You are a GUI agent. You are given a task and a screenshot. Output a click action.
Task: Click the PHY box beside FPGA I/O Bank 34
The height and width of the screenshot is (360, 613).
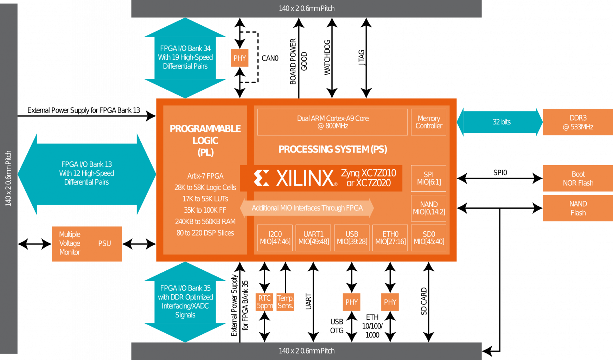[x=240, y=58]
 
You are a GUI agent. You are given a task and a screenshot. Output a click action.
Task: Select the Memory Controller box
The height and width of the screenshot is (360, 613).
[x=428, y=122]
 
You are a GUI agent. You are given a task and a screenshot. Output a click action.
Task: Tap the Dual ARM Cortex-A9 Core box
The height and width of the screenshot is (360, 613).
[x=332, y=122]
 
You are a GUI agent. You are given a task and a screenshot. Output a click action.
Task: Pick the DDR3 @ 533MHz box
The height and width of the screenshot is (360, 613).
[x=577, y=122]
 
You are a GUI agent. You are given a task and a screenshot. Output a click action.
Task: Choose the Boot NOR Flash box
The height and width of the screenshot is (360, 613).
[x=577, y=178]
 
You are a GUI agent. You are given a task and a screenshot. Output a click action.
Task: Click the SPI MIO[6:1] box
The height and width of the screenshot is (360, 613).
[x=428, y=178]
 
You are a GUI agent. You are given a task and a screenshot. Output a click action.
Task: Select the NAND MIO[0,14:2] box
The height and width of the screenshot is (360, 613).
[x=428, y=208]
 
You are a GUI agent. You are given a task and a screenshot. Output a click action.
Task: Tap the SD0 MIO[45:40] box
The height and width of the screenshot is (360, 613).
[x=428, y=238]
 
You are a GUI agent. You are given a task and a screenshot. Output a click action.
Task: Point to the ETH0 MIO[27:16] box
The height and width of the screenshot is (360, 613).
[x=390, y=238]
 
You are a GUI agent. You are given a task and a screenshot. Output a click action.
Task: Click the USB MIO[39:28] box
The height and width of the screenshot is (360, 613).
[x=352, y=238]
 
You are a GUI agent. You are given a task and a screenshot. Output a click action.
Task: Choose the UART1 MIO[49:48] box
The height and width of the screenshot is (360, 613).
[x=313, y=238]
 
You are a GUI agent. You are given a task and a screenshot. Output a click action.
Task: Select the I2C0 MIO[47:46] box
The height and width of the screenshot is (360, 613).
[x=275, y=238]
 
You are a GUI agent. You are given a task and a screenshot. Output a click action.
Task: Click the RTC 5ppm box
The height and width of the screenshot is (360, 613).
[x=264, y=302]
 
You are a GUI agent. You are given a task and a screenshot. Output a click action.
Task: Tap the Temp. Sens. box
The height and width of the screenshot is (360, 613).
[x=285, y=302]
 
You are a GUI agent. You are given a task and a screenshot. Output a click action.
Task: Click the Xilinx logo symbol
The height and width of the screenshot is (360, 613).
[x=262, y=178]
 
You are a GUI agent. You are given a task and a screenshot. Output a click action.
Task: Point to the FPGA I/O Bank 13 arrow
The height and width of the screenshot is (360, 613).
[x=87, y=174]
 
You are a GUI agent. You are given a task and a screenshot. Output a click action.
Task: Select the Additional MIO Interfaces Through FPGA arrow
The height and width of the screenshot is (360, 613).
[x=307, y=208]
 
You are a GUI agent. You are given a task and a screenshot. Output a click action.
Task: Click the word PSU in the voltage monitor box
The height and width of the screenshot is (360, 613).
[x=104, y=244]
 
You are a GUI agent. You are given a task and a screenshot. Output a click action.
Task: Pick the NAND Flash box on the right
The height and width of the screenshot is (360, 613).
[x=577, y=208]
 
